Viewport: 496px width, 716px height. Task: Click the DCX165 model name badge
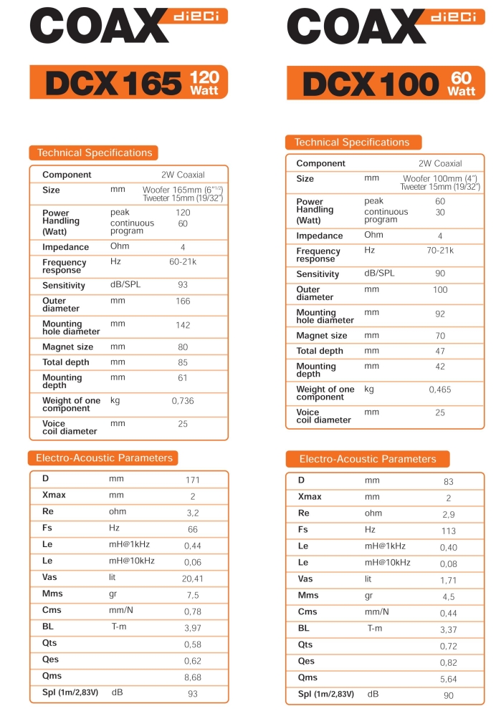[113, 84]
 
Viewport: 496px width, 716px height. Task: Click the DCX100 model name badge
[370, 84]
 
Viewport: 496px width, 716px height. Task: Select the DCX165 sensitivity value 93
[183, 285]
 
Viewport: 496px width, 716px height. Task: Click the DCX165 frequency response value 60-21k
[183, 262]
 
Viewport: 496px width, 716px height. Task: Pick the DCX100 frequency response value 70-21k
[440, 251]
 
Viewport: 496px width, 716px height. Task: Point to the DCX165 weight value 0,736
[183, 401]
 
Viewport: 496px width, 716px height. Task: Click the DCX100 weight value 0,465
[440, 390]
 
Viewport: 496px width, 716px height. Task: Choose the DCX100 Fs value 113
[448, 531]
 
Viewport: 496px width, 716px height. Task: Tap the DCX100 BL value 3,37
[447, 629]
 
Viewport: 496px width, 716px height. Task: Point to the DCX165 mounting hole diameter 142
[183, 325]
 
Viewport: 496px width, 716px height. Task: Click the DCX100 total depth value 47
[440, 351]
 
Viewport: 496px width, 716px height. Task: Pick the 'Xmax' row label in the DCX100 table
[310, 497]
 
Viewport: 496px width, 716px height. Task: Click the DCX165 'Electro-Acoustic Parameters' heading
[105, 458]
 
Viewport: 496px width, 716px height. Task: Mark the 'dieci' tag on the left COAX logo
[199, 16]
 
